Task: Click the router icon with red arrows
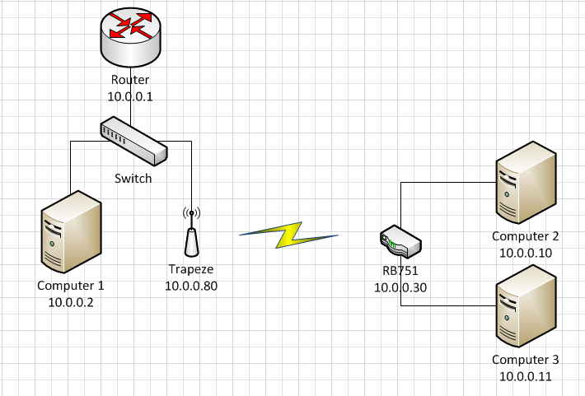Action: click(x=131, y=38)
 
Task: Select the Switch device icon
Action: click(x=133, y=141)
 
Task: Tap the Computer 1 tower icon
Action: click(x=72, y=231)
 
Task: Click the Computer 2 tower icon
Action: click(x=525, y=183)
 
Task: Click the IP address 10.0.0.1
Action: click(x=131, y=96)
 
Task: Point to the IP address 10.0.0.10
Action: click(x=526, y=252)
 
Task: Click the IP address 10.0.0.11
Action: click(x=526, y=375)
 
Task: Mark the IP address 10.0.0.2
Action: click(x=71, y=302)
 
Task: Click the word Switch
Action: click(x=133, y=178)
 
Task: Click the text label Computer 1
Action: click(x=71, y=287)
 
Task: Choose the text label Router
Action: click(x=131, y=81)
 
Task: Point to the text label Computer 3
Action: click(x=526, y=360)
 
